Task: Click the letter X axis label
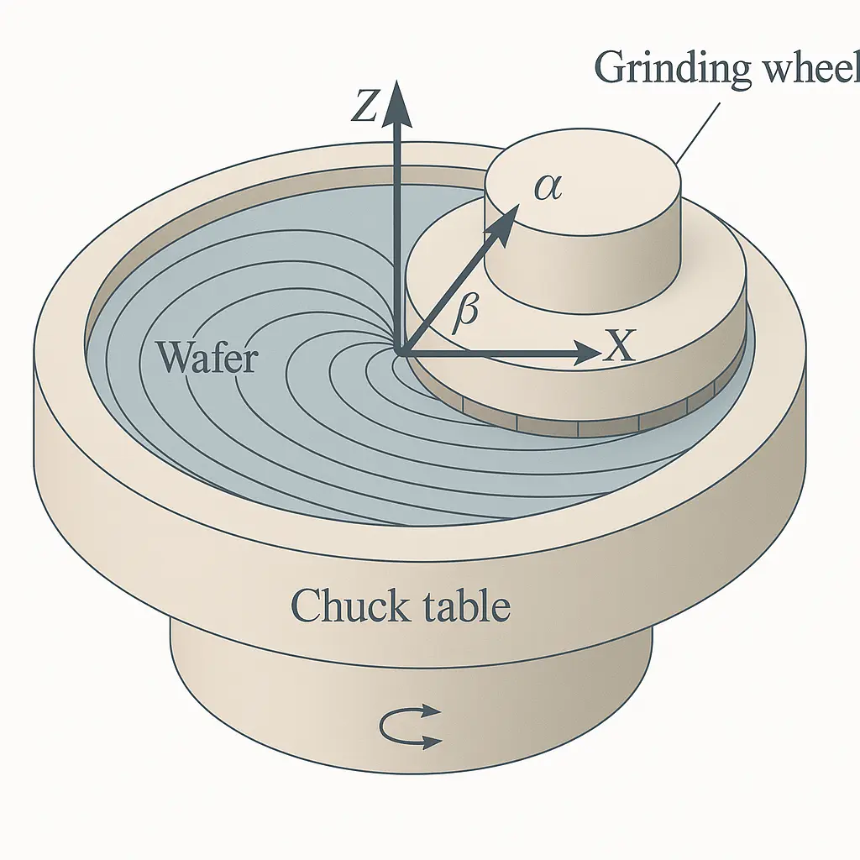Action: click(x=620, y=346)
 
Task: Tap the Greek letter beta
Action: click(x=464, y=312)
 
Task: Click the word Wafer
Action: click(x=207, y=359)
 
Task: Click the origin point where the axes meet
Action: click(x=401, y=353)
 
